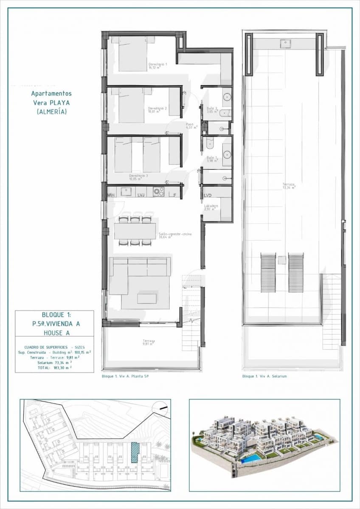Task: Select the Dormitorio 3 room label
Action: (138, 177)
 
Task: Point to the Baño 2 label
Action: (212, 110)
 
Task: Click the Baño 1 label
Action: (212, 159)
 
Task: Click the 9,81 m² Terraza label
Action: (149, 342)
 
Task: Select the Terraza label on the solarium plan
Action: (289, 185)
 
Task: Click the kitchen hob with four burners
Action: (159, 192)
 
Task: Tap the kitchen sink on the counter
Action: (126, 192)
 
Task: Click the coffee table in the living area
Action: (146, 298)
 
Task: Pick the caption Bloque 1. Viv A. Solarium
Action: (264, 376)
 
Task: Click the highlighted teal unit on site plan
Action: (135, 452)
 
